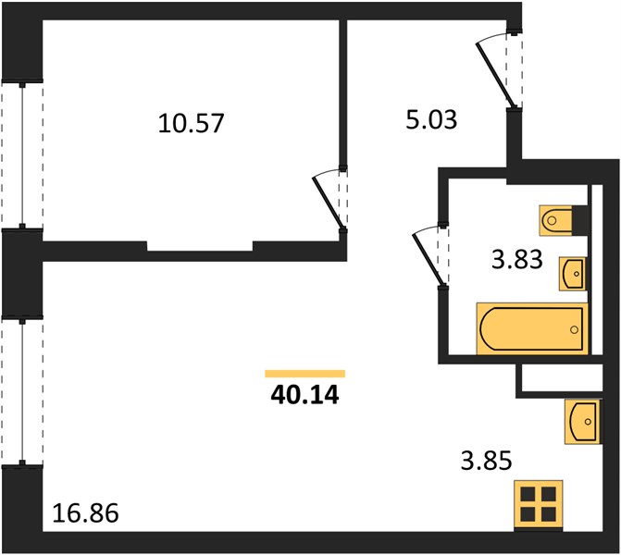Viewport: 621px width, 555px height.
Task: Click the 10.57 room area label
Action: (x=191, y=123)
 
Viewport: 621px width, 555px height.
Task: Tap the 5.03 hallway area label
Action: (x=431, y=119)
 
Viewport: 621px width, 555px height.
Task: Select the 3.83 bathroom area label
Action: (x=516, y=260)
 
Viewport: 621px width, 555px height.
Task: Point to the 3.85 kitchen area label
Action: (x=487, y=461)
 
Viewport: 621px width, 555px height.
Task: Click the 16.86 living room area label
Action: (x=85, y=513)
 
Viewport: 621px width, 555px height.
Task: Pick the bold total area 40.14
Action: (x=305, y=395)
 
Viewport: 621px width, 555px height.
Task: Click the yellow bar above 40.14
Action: (x=305, y=374)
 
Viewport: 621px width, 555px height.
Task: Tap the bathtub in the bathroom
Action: (x=532, y=328)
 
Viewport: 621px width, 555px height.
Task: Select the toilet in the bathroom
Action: (x=555, y=220)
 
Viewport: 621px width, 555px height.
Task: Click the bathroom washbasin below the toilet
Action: (x=573, y=274)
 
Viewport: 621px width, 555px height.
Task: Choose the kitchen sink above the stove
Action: (x=583, y=421)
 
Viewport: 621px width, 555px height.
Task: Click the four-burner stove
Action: (x=539, y=504)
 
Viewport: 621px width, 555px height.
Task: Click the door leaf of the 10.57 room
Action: (x=328, y=203)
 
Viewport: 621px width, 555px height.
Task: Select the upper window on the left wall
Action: (x=22, y=155)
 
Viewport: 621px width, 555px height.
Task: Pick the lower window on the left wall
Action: (x=22, y=392)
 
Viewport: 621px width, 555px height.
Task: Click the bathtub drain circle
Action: (x=574, y=329)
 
